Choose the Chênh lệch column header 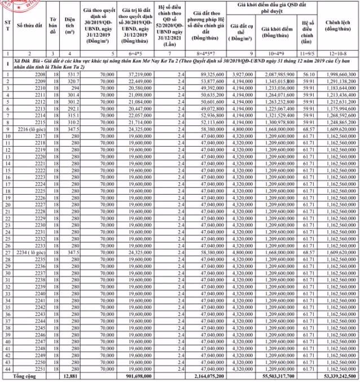click(x=336, y=27)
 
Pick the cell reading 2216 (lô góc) click(x=32, y=129)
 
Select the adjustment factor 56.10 click(x=308, y=74)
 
